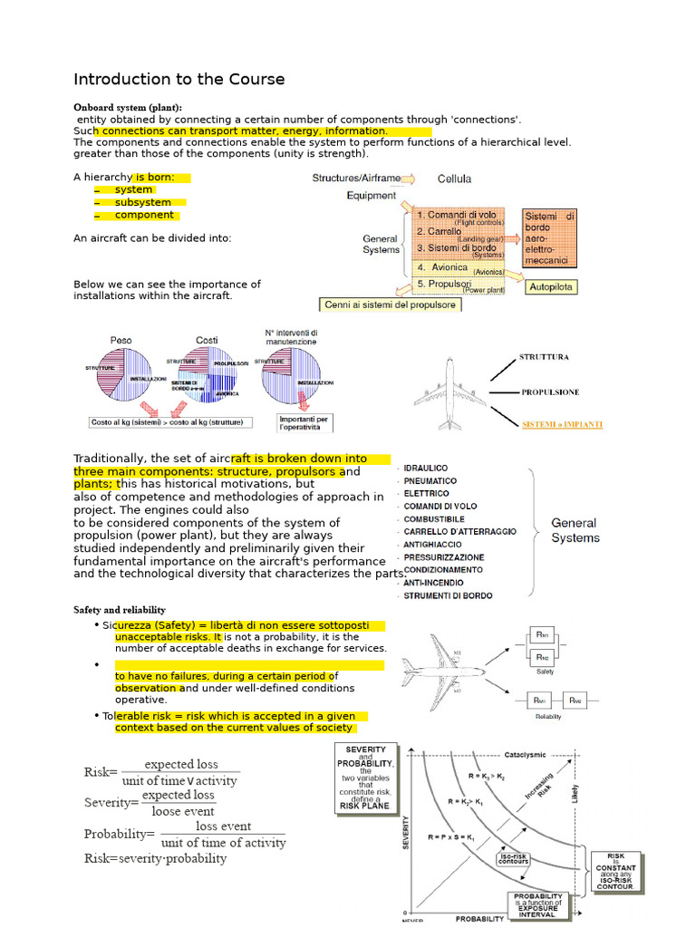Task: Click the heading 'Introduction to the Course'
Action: [179, 80]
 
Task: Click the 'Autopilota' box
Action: [552, 286]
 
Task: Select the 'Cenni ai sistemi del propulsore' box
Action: [391, 304]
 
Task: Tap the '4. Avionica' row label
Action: [443, 267]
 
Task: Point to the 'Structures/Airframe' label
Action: [355, 179]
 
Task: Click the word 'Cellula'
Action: [454, 179]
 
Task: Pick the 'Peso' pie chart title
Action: [121, 340]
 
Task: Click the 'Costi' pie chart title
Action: [207, 340]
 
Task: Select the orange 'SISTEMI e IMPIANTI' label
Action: [562, 423]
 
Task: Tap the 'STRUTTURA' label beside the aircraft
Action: [544, 357]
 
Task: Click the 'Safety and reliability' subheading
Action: [120, 610]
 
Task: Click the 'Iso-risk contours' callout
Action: [514, 857]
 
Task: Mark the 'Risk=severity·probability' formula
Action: [155, 858]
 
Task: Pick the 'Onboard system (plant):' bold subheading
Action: [128, 107]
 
